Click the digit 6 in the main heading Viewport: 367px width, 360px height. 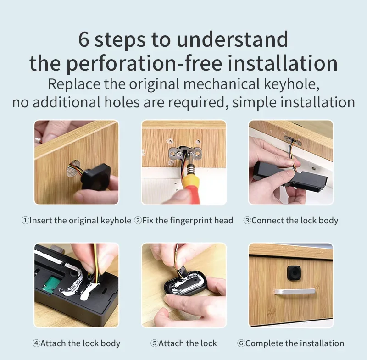(x=83, y=39)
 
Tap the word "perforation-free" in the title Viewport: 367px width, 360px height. (x=144, y=63)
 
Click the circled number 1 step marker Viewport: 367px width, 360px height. (x=25, y=220)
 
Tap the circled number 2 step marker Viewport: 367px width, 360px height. (x=138, y=220)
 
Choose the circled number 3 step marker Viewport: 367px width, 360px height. (x=247, y=220)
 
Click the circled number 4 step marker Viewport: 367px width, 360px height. (x=36, y=343)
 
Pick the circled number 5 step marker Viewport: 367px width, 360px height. (x=154, y=343)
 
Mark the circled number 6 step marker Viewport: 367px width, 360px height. (x=241, y=343)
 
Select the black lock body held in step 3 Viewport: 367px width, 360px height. (x=290, y=177)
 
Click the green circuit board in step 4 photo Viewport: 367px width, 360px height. (x=50, y=283)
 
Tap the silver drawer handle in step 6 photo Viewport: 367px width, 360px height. (x=295, y=292)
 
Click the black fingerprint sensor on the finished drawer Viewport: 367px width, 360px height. (x=294, y=273)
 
